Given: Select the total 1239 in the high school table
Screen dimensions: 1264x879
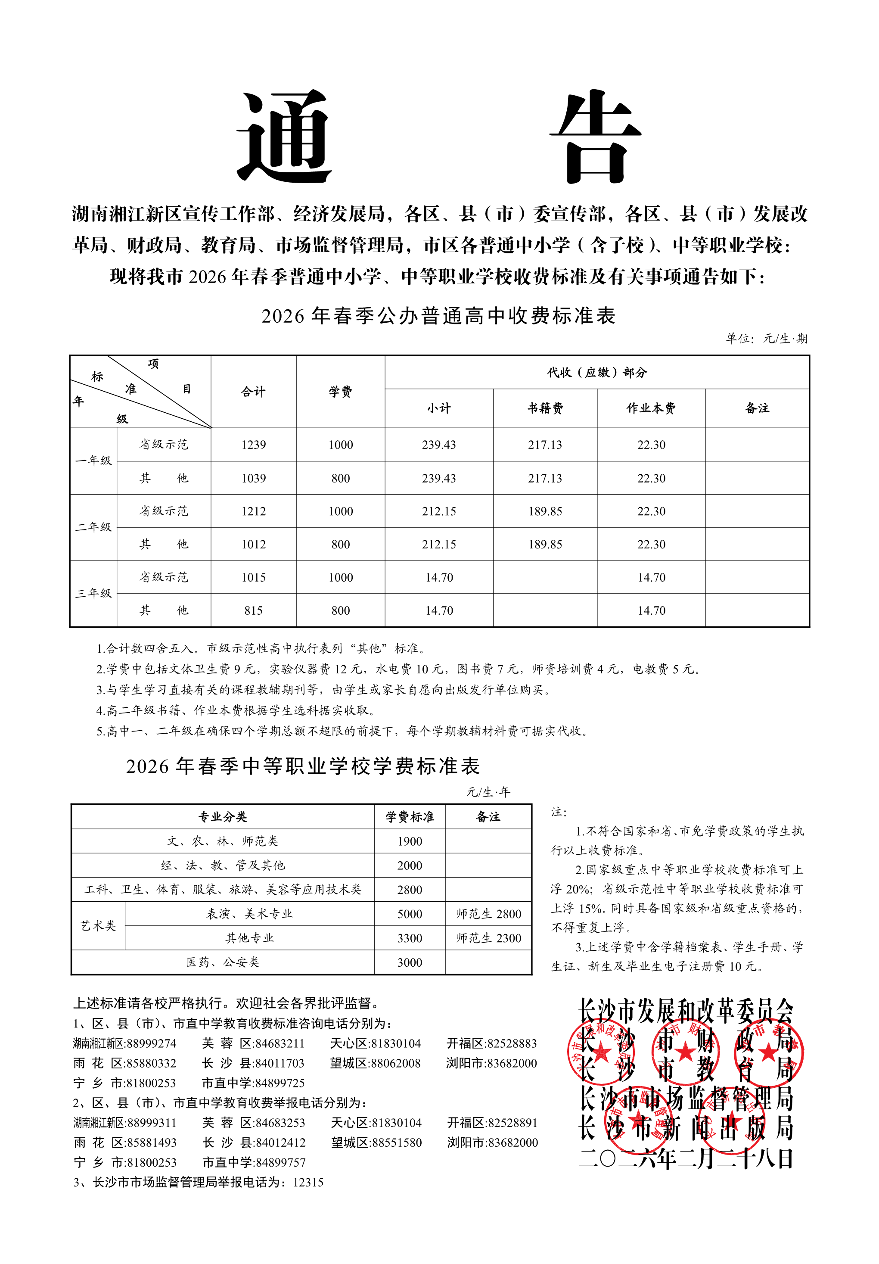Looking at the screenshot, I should coord(253,445).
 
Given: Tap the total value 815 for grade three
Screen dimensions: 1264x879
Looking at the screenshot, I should coord(253,610).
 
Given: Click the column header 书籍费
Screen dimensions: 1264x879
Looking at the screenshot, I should coord(545,408).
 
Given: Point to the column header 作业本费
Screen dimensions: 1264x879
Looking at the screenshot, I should coord(651,408).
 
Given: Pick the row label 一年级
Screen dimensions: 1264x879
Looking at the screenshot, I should coord(93,461).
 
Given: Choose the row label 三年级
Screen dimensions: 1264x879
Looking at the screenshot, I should coord(93,594).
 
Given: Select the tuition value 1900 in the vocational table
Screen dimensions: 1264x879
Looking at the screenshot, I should coord(410,841).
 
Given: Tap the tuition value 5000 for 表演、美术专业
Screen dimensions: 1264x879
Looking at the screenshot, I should coord(410,914).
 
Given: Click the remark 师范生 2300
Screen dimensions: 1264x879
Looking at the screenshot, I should coord(488,938).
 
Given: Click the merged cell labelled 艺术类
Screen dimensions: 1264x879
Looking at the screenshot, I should coord(98,926).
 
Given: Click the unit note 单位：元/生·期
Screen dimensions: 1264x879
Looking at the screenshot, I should coord(766,339).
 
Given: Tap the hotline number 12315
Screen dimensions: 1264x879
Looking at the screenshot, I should coord(308,1183).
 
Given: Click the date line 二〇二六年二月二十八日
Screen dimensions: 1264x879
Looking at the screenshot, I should coord(686,1159).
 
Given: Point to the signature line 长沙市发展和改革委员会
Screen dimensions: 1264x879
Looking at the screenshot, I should coord(686,1011).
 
